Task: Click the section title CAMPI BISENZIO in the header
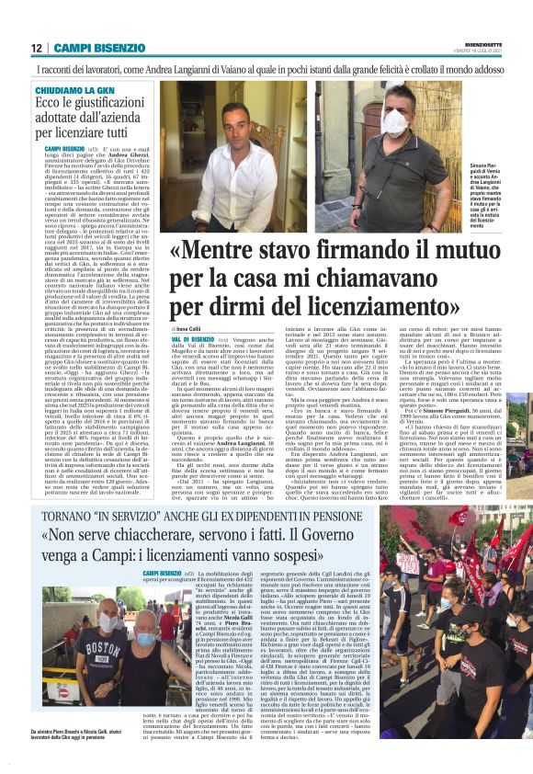(x=92, y=48)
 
